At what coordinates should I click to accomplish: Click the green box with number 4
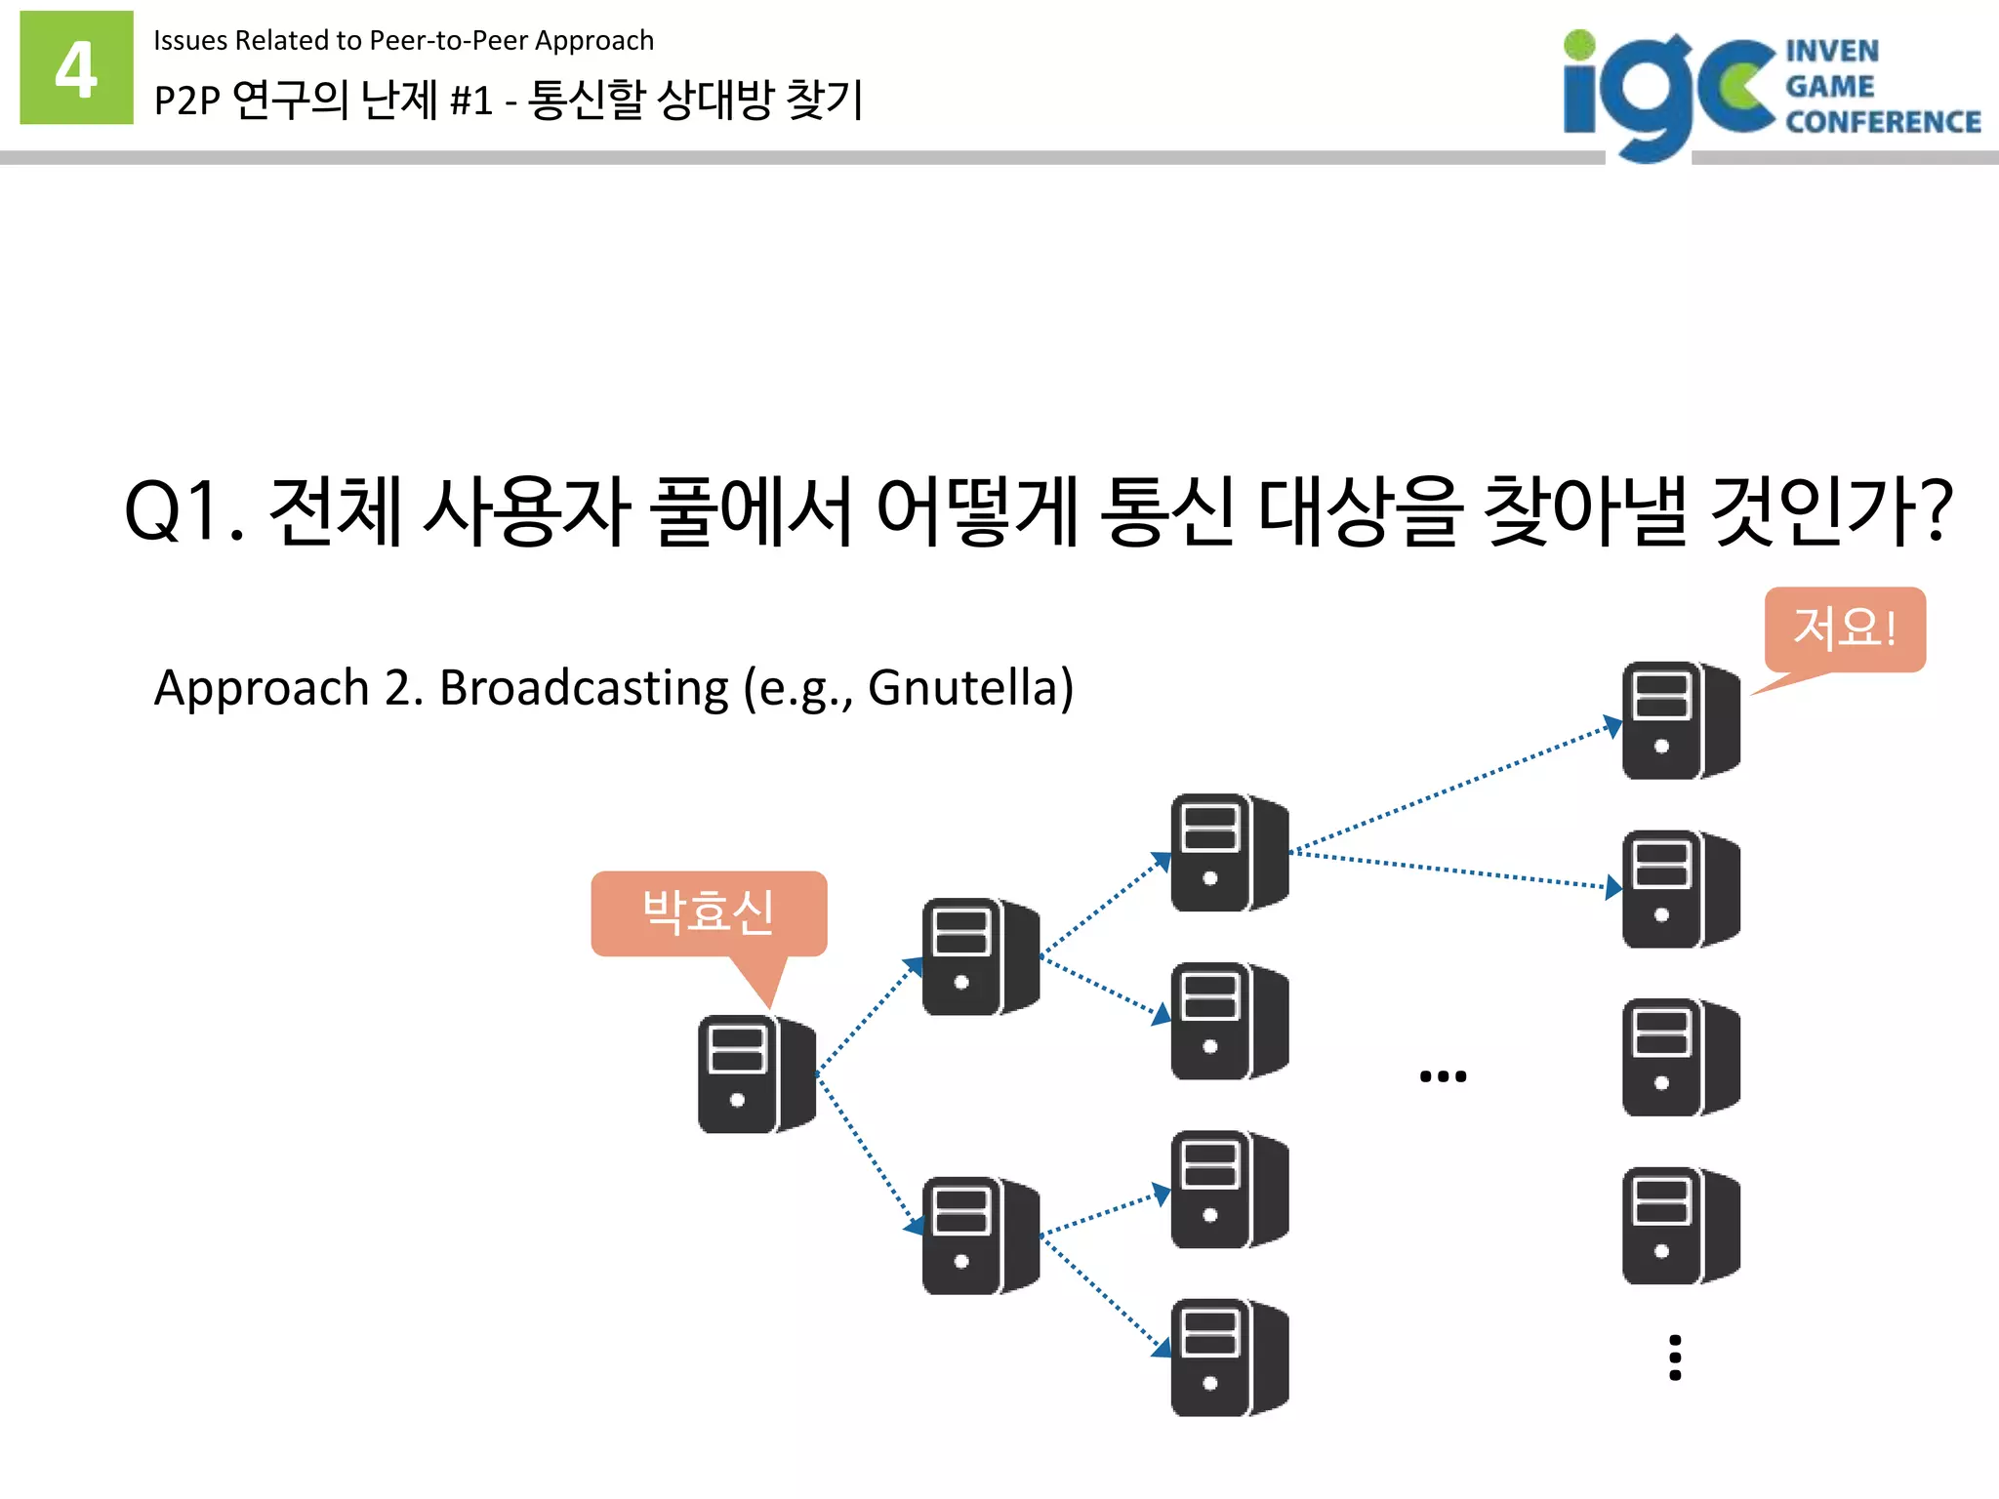click(76, 67)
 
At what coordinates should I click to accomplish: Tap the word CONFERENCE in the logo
click(1883, 122)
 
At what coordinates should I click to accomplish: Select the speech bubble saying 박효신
click(709, 912)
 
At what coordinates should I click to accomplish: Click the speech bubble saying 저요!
click(1844, 628)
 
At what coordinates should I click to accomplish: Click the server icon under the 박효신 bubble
click(755, 1074)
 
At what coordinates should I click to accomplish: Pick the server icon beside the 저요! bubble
click(1680, 720)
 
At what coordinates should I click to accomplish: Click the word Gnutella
click(970, 687)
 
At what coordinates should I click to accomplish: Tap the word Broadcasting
click(584, 687)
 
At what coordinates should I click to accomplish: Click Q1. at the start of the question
click(184, 510)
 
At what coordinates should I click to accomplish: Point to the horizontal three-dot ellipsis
click(1443, 1076)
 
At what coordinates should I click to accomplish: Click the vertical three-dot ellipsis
click(1675, 1357)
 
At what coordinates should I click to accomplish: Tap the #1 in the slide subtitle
click(470, 100)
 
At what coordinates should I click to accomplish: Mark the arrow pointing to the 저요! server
click(1454, 788)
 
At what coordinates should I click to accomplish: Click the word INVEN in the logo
click(1832, 51)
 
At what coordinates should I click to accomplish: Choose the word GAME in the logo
click(1830, 86)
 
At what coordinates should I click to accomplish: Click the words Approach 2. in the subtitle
click(289, 687)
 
